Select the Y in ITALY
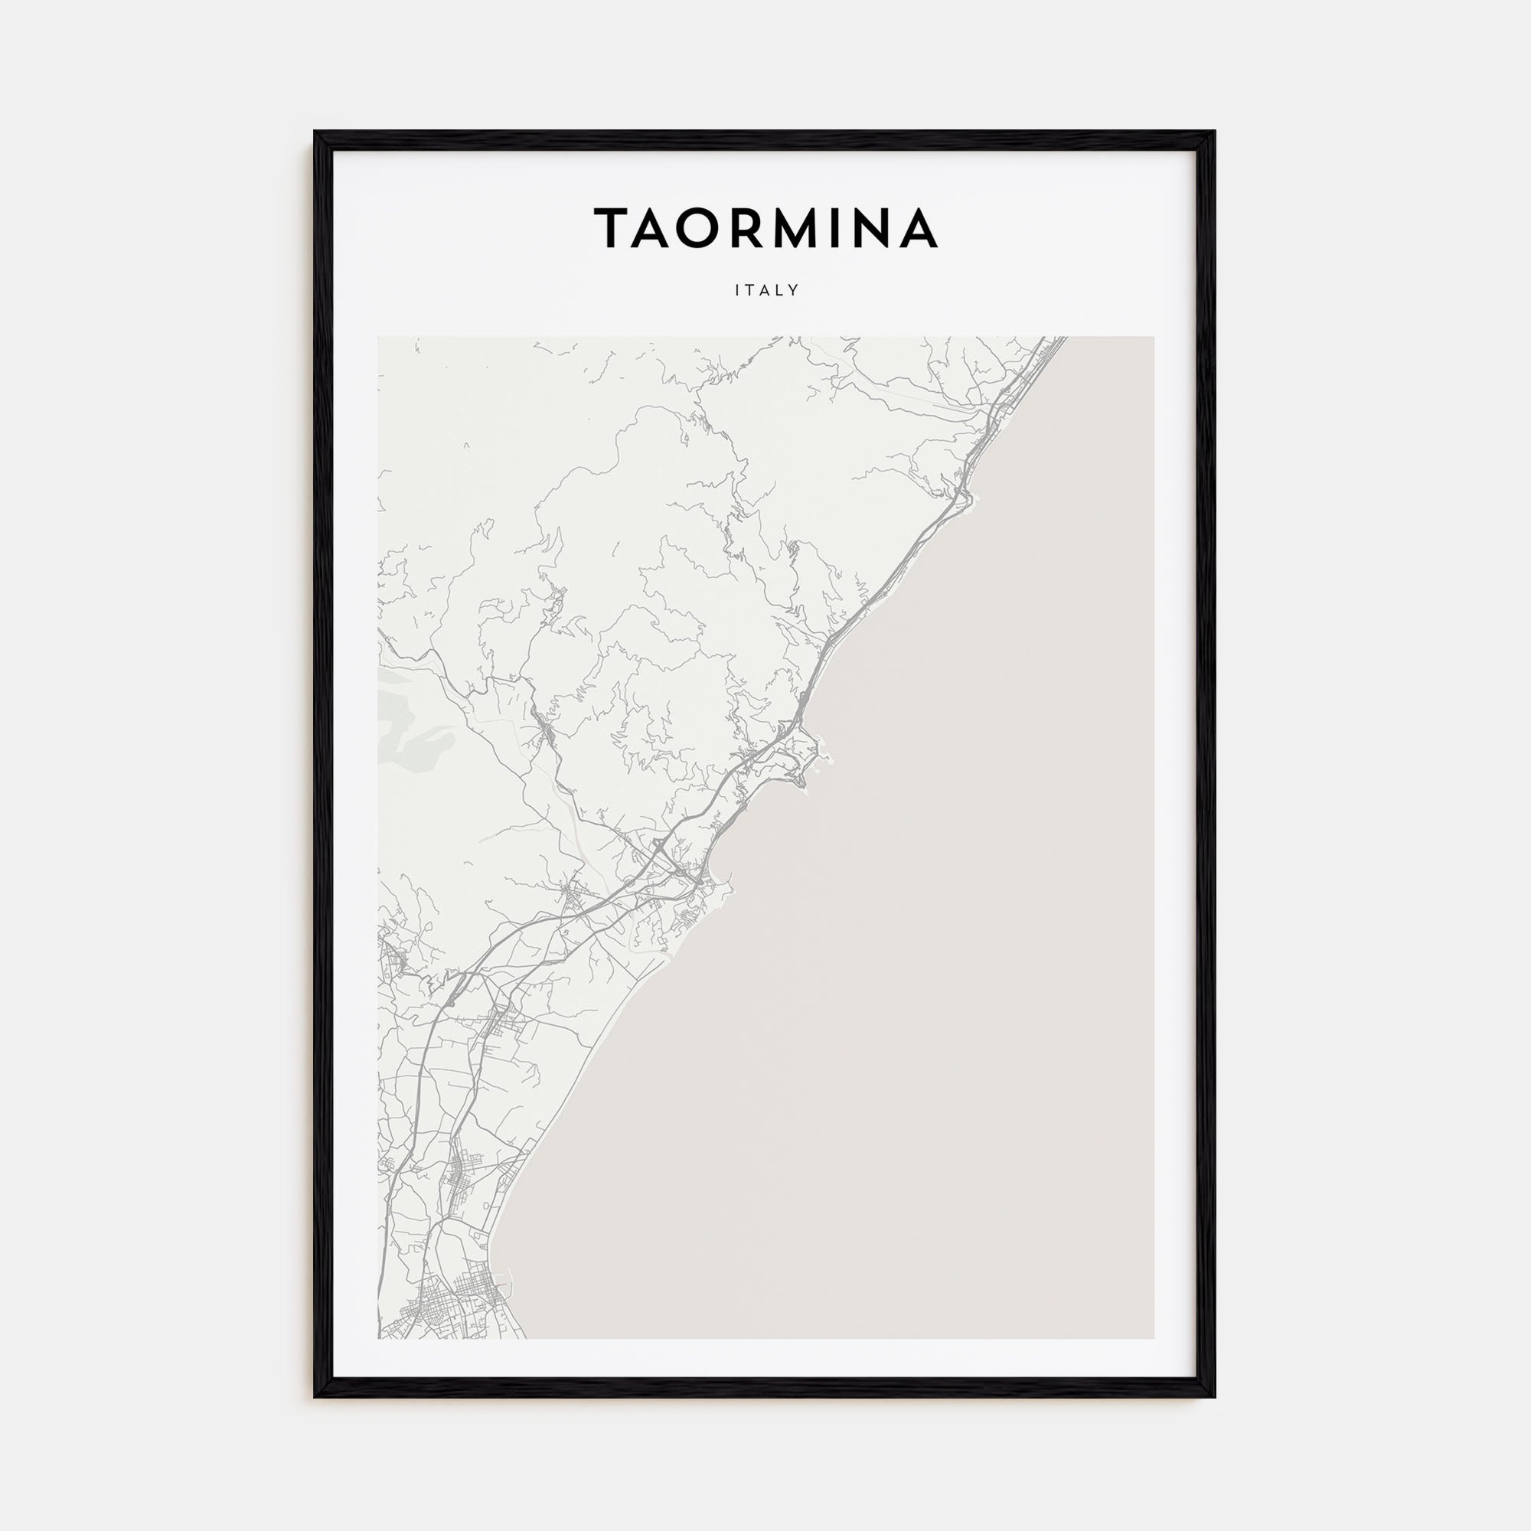pyautogui.click(x=795, y=291)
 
